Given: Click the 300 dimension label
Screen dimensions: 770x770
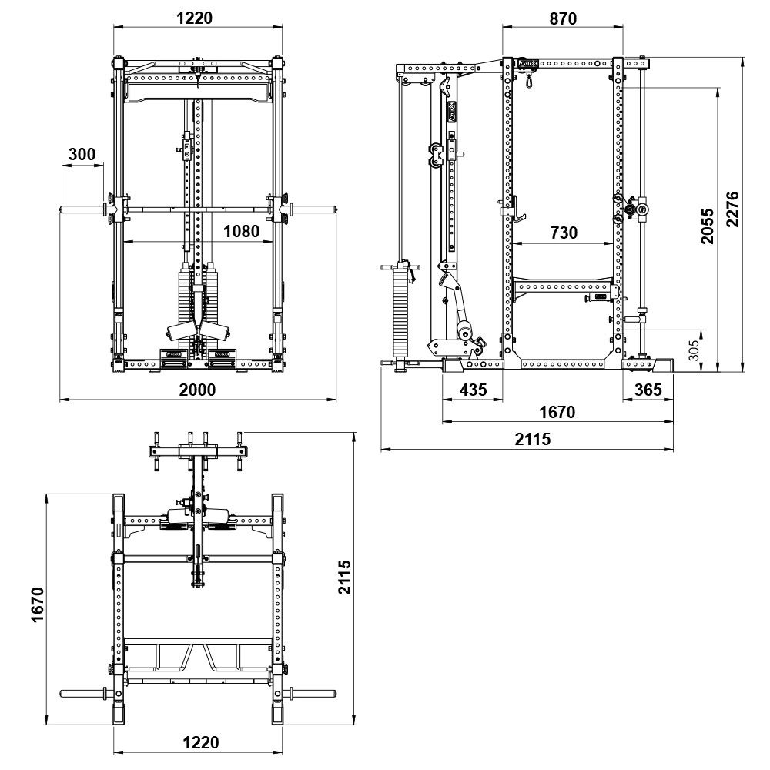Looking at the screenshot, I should pyautogui.click(x=82, y=154).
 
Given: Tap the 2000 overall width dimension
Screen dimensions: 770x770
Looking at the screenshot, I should pyautogui.click(x=197, y=389).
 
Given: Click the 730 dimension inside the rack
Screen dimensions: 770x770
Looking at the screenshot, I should pyautogui.click(x=564, y=233).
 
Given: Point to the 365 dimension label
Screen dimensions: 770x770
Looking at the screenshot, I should pyautogui.click(x=648, y=390).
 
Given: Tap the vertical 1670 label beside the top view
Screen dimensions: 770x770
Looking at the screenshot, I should pyautogui.click(x=36, y=610).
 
